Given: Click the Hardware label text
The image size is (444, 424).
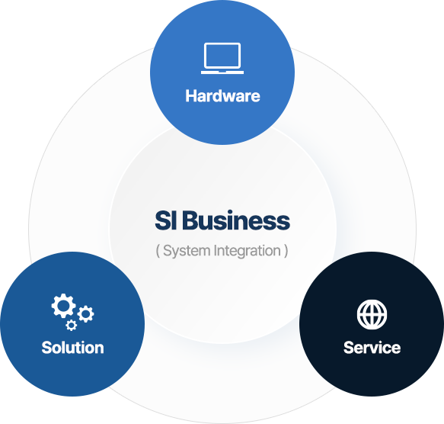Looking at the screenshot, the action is tap(222, 96).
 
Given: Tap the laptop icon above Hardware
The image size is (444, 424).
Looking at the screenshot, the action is tap(222, 59).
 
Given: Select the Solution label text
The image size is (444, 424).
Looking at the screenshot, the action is tap(73, 348).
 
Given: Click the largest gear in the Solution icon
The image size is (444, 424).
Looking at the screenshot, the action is tap(63, 306).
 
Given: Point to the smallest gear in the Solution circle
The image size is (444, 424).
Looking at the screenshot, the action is tap(72, 325).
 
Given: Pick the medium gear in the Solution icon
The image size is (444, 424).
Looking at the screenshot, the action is tap(85, 314).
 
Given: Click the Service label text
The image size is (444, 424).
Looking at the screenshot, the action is tap(372, 348).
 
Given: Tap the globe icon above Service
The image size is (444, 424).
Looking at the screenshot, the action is tap(372, 314).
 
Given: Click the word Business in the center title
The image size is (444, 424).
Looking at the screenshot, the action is tap(238, 220).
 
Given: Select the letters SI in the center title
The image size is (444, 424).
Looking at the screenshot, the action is tap(166, 220).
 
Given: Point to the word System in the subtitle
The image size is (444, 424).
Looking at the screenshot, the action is tap(187, 252).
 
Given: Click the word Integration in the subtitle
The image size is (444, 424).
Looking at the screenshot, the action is tap(248, 252).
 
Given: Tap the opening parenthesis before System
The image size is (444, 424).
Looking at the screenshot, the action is tap(158, 251).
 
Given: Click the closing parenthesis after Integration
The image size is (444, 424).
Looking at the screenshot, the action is tap(286, 251).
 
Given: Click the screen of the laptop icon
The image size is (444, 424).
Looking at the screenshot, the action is tap(222, 56).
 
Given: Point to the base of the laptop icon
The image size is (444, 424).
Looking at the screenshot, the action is tap(222, 72).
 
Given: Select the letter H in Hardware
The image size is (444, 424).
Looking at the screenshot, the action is tap(191, 96).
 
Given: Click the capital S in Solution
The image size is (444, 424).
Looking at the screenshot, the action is tap(46, 348).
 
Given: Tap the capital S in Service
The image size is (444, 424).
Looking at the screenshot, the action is tap(349, 348).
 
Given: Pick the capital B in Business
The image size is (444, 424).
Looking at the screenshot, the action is tap(193, 220).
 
